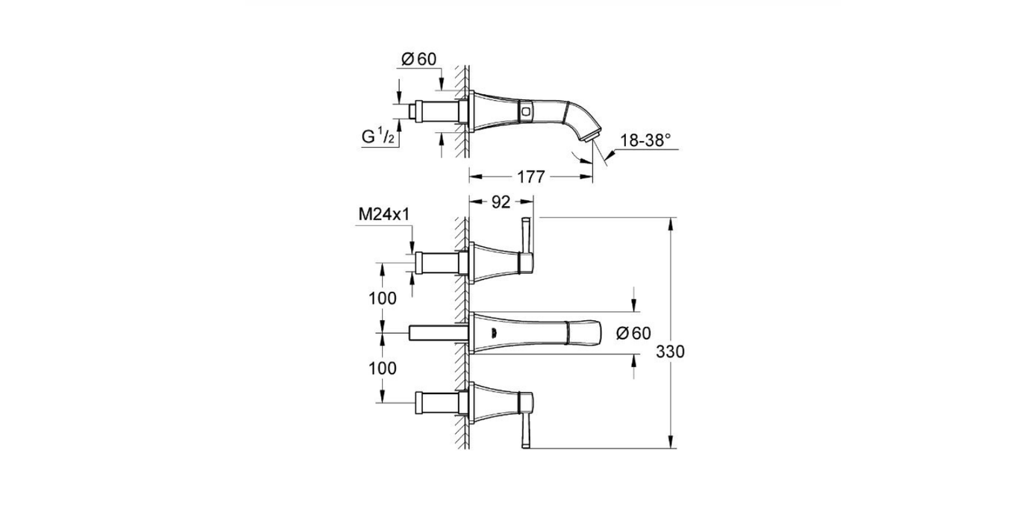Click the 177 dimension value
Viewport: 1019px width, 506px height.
(530, 176)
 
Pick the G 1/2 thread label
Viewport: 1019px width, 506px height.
(379, 137)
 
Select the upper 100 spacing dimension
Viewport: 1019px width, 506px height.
(383, 299)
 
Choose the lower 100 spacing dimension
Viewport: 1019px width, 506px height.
(383, 368)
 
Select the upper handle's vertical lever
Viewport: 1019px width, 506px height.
(527, 239)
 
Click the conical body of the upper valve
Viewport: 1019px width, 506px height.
(496, 262)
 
